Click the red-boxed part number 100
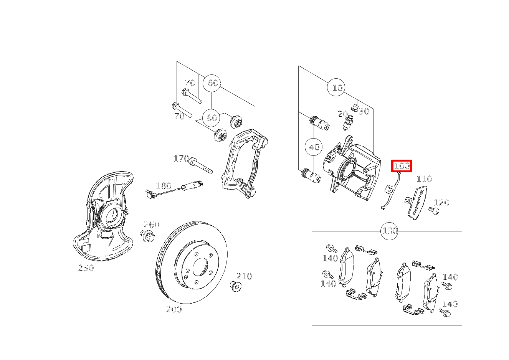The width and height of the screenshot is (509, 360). pyautogui.click(x=402, y=166)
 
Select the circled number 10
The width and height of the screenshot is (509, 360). pyautogui.click(x=337, y=88)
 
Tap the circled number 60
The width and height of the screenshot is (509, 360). pyautogui.click(x=212, y=83)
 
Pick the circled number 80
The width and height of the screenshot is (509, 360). pyautogui.click(x=212, y=118)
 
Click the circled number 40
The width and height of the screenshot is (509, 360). pyautogui.click(x=314, y=147)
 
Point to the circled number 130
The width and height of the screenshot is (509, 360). pyautogui.click(x=390, y=231)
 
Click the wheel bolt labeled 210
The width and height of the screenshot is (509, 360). pyautogui.click(x=236, y=286)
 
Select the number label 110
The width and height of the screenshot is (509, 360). pyautogui.click(x=424, y=179)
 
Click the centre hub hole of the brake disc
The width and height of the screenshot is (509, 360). pyautogui.click(x=200, y=267)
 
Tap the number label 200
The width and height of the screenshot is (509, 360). pyautogui.click(x=174, y=309)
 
